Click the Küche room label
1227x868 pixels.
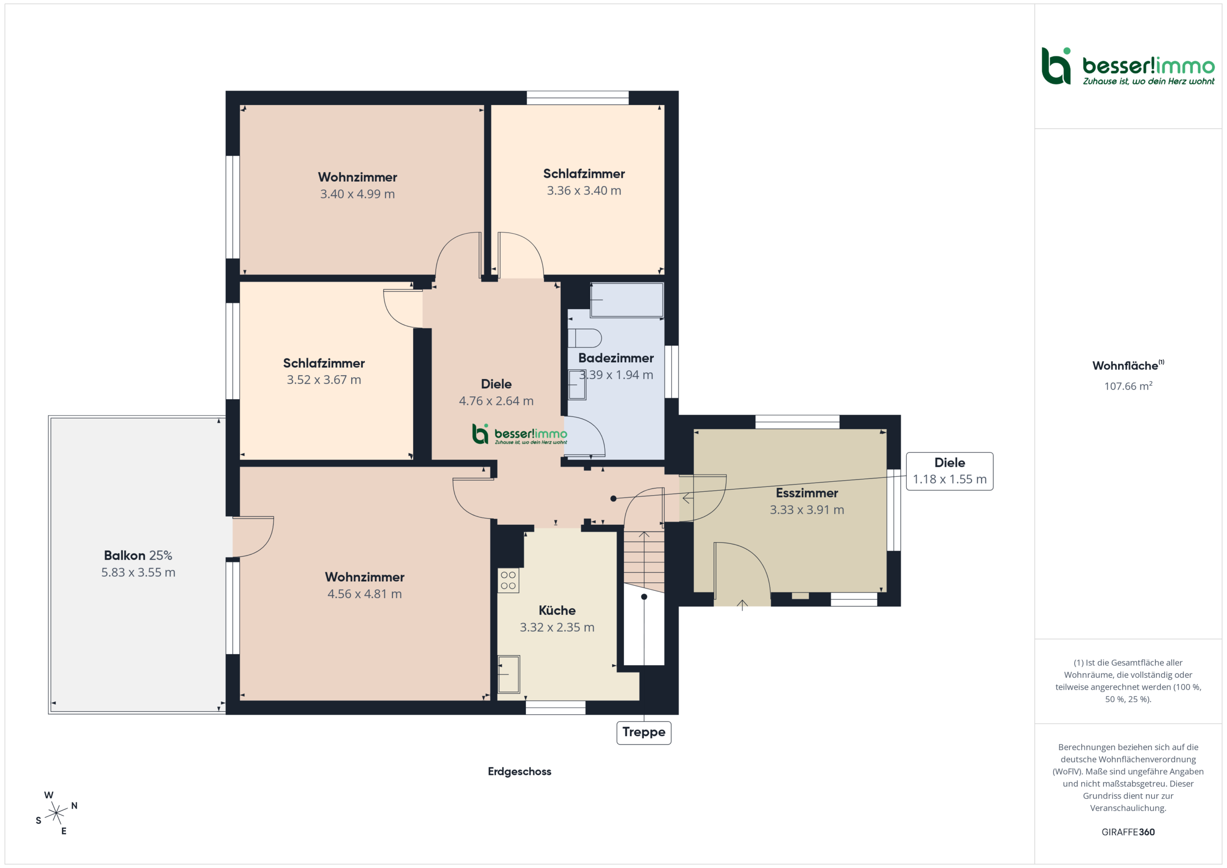click(x=557, y=610)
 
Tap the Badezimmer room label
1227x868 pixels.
click(x=615, y=358)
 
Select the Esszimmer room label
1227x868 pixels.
click(x=807, y=493)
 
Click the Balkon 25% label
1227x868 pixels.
click(x=138, y=556)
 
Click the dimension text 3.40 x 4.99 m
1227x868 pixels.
click(x=358, y=194)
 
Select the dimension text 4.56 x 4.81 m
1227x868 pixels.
click(x=364, y=594)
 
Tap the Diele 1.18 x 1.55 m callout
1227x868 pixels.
click(x=949, y=471)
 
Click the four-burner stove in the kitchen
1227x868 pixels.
click(x=508, y=580)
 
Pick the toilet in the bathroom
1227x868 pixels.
click(x=585, y=338)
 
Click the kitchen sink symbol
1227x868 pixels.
click(x=509, y=674)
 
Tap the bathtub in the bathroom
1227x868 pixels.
click(x=627, y=300)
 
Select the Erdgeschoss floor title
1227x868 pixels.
click(x=520, y=771)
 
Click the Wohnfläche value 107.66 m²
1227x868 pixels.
click(x=1128, y=386)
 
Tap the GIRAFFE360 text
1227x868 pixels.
click(x=1128, y=832)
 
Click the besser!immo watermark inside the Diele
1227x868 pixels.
click(x=520, y=434)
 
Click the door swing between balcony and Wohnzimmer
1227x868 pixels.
click(x=254, y=537)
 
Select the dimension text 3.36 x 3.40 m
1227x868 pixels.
click(x=584, y=191)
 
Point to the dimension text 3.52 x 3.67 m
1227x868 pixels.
click(x=324, y=380)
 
